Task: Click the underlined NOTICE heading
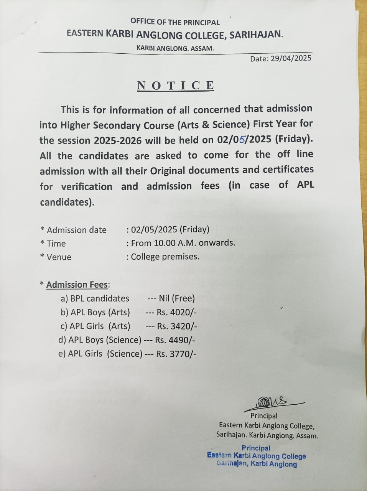(x=175, y=85)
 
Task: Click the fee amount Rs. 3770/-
(x=176, y=354)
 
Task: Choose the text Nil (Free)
(x=177, y=298)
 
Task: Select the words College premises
(x=165, y=257)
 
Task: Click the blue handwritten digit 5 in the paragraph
(x=242, y=140)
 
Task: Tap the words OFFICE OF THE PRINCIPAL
(x=175, y=22)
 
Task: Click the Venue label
(x=59, y=257)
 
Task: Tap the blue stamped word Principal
(x=256, y=448)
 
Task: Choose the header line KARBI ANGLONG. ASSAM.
(x=175, y=48)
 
